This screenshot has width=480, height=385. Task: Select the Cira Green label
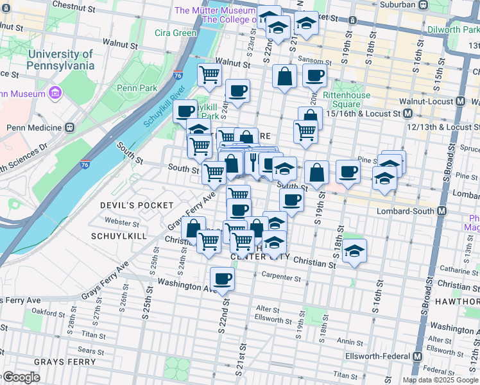pos(175,33)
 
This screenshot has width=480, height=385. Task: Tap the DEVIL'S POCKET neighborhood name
pos(137,205)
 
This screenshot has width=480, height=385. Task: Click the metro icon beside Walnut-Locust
pos(460,101)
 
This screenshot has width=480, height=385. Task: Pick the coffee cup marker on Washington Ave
pos(222,279)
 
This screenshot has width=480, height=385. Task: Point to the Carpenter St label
pos(282,278)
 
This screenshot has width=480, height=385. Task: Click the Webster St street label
pos(122,223)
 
